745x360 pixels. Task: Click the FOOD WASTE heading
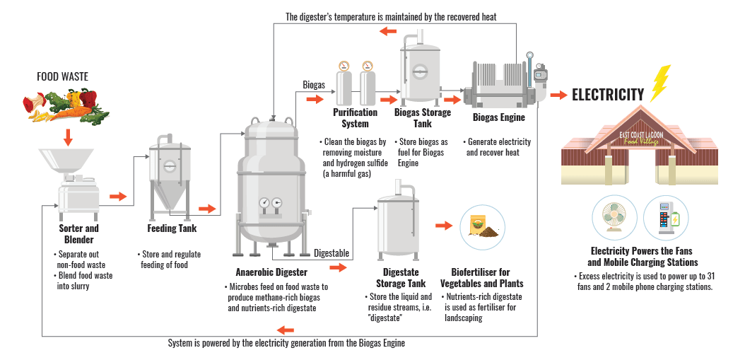(x=63, y=76)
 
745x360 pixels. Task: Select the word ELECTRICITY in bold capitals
(x=607, y=95)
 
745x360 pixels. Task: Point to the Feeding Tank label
(x=172, y=228)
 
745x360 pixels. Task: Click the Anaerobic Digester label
(x=271, y=272)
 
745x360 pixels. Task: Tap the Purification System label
(x=355, y=118)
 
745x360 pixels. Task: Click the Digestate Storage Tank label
(x=401, y=278)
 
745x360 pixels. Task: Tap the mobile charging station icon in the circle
(x=665, y=219)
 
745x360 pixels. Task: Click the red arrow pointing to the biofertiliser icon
(x=443, y=226)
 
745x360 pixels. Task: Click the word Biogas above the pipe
(x=314, y=85)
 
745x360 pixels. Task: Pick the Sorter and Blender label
(x=78, y=234)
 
